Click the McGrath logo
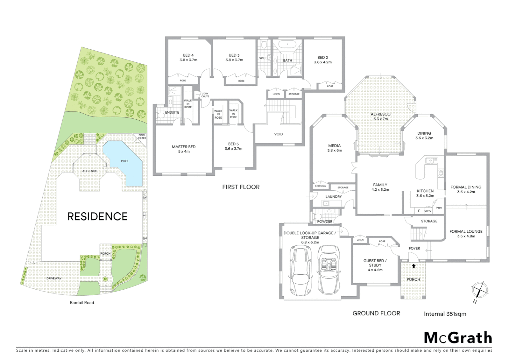coord(458,338)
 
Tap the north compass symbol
coord(479,290)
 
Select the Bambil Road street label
coord(82,303)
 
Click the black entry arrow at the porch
coord(414,266)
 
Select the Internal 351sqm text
coord(445,314)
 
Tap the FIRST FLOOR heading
coord(241,187)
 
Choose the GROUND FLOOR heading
coord(376,313)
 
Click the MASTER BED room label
coord(184,147)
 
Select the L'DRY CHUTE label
coord(205,95)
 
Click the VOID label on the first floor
coord(278,134)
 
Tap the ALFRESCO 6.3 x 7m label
coord(380,116)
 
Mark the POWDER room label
coord(324,221)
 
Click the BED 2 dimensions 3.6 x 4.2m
coord(322,62)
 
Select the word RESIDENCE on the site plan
coord(97,217)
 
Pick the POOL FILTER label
coord(142,137)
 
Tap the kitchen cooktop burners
coord(441,173)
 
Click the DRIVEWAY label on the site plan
coord(54,278)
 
